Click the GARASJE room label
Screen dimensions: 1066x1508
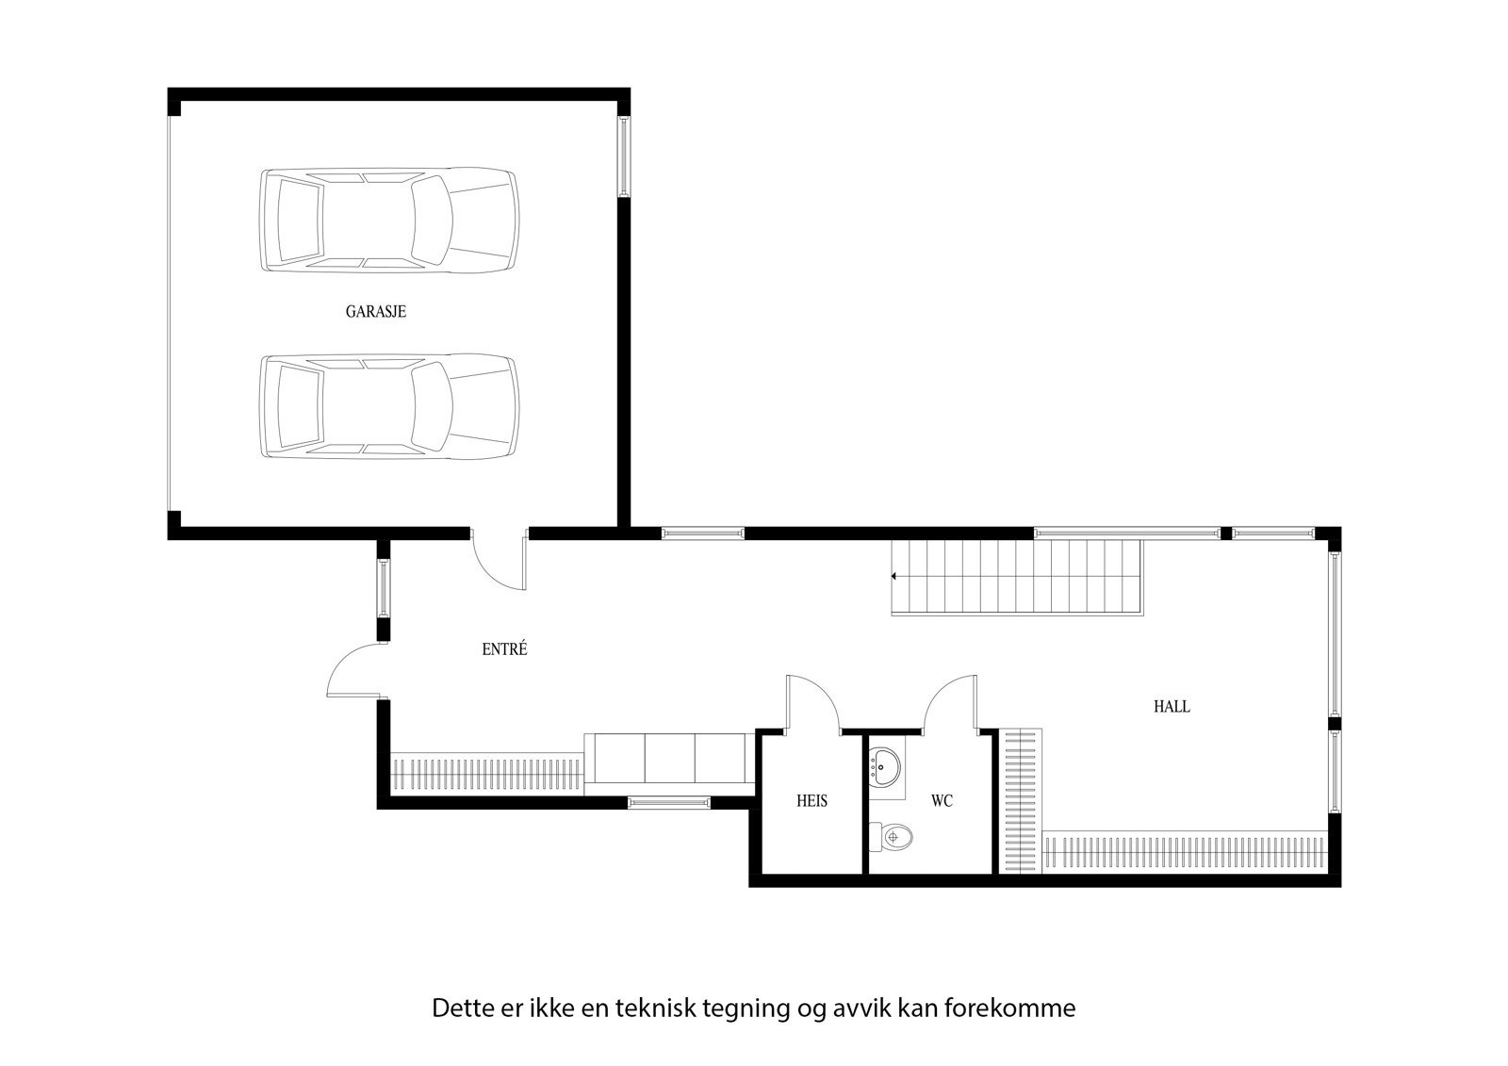(376, 311)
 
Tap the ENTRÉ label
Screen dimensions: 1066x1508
(504, 649)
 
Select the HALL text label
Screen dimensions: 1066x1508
(1172, 706)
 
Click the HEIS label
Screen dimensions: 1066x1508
(811, 801)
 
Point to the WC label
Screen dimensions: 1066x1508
(942, 801)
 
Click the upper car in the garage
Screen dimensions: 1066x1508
(388, 221)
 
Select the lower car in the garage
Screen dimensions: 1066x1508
(388, 406)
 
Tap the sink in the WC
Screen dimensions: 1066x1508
(885, 766)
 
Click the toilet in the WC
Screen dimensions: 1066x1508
(891, 834)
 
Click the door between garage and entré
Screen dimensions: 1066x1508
(500, 561)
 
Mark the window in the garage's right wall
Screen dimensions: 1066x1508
(623, 156)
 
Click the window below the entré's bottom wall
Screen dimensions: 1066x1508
(669, 802)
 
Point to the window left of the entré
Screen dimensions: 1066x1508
(384, 588)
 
